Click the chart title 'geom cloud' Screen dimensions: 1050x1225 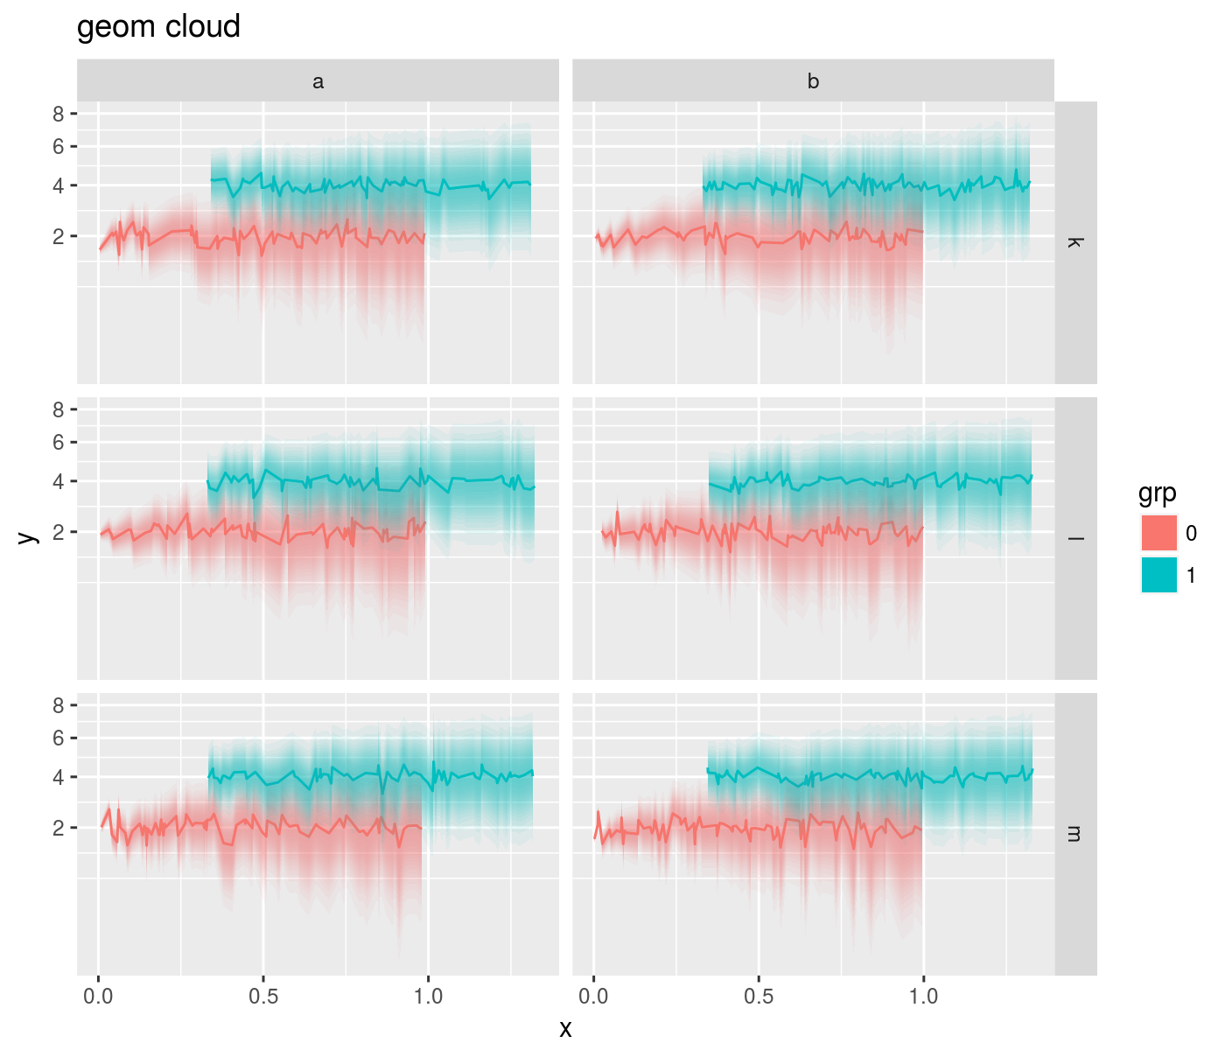point(158,27)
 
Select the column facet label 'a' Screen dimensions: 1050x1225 point(318,81)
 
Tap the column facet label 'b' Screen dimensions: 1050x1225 point(813,81)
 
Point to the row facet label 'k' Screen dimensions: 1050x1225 point(1075,242)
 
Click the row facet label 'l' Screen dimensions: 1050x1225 point(1075,538)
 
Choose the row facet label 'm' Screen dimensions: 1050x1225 point(1075,834)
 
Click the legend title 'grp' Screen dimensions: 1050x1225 point(1157,493)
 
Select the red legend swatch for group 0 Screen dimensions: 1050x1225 point(1158,533)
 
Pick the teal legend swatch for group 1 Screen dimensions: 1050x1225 point(1158,575)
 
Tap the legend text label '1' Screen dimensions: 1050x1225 point(1191,576)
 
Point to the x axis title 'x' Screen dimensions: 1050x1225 point(565,1029)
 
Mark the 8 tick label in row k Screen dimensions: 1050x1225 point(59,114)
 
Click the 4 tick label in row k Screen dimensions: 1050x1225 point(59,185)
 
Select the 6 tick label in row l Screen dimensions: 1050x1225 point(59,443)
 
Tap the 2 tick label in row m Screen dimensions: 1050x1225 point(59,828)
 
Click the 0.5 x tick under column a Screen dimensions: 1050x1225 point(263,996)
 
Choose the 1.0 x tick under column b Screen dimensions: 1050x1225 point(923,996)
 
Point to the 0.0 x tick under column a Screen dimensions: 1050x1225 point(98,996)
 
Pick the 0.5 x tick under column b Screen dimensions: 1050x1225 point(759,996)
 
